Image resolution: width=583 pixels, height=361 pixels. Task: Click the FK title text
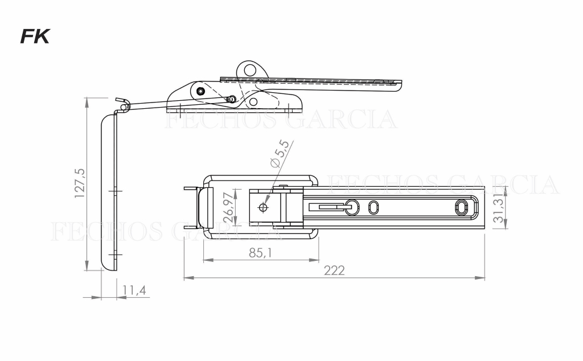click(35, 37)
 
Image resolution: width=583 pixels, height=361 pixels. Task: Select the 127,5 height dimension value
click(80, 183)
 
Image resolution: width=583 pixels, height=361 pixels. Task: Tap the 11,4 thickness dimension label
click(134, 290)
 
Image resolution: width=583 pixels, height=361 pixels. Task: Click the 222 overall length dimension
click(334, 270)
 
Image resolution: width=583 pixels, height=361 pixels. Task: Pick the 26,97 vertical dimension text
click(229, 207)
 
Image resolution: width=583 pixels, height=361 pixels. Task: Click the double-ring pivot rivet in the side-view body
click(200, 91)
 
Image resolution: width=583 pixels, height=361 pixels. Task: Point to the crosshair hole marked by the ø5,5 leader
click(262, 207)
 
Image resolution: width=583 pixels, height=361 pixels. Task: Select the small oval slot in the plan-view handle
click(373, 207)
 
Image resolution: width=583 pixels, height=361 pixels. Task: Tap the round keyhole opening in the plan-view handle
click(352, 206)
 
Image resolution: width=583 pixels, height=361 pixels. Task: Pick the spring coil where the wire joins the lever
click(232, 99)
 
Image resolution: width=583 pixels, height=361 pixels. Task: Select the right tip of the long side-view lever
click(400, 84)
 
